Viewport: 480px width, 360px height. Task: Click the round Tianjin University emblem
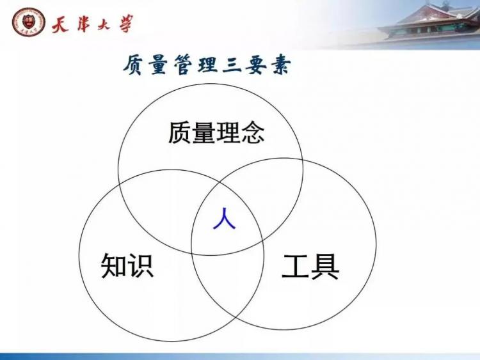tap(28, 22)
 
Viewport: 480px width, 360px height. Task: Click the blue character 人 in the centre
tap(225, 219)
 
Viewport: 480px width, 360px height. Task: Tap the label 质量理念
tap(216, 132)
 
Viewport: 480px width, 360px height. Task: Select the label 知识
tap(127, 265)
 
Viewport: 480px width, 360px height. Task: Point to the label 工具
tap(310, 267)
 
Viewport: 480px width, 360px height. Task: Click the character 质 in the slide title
tap(134, 65)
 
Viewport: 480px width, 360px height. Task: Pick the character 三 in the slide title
tap(232, 64)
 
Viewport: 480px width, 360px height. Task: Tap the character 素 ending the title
tap(280, 64)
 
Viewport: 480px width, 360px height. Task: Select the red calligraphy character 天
tap(60, 24)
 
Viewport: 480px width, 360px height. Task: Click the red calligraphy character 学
tap(126, 23)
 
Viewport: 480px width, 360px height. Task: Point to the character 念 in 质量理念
tap(253, 132)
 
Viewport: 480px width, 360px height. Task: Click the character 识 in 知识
tap(141, 265)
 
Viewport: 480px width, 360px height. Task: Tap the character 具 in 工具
tap(324, 267)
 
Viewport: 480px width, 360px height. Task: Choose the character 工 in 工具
tap(295, 267)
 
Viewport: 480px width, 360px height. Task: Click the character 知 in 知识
tap(114, 265)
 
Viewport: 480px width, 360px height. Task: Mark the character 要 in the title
tap(257, 65)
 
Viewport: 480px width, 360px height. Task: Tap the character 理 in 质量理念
tap(228, 132)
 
